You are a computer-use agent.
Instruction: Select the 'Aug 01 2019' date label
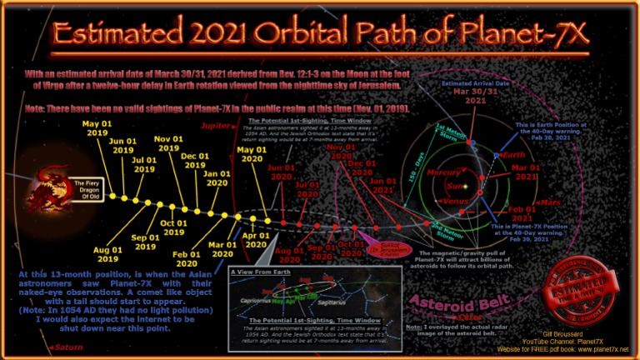(x=108, y=254)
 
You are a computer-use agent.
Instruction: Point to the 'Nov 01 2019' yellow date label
(x=169, y=142)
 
